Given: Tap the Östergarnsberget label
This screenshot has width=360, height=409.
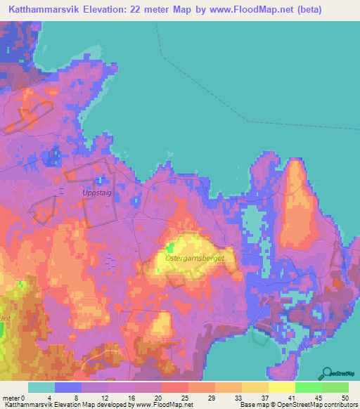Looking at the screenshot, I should [x=195, y=259].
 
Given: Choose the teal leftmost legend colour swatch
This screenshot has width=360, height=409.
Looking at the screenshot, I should [x=41, y=387].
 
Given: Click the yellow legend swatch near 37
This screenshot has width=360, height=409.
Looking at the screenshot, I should [x=255, y=387].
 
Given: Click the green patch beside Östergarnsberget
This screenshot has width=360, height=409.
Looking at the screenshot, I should [x=170, y=247].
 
